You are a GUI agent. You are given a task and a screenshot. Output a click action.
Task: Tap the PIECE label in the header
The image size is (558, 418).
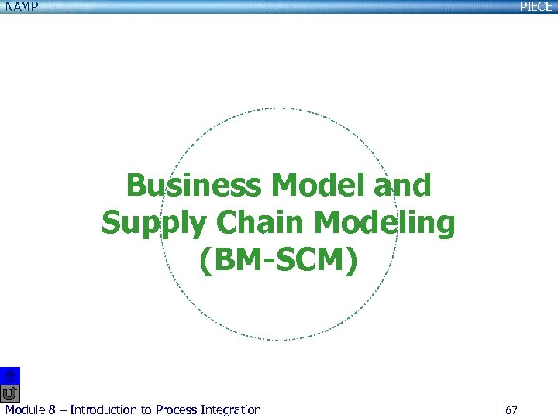click(x=536, y=6)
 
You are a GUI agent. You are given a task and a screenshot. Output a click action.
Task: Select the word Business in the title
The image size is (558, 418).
click(x=194, y=187)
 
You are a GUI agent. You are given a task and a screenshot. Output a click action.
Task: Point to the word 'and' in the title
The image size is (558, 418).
click(x=403, y=187)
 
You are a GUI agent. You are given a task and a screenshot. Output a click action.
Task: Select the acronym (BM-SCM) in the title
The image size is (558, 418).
click(x=279, y=262)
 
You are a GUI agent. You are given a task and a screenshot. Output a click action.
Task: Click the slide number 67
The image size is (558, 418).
click(x=511, y=409)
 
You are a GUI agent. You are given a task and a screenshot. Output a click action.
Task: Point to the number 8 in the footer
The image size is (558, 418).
click(x=53, y=409)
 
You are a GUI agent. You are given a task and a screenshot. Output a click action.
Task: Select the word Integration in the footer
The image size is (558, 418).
click(x=233, y=409)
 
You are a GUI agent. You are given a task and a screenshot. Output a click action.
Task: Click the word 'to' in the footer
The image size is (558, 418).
click(x=146, y=409)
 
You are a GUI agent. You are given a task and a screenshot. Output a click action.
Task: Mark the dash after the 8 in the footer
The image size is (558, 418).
click(x=63, y=409)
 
